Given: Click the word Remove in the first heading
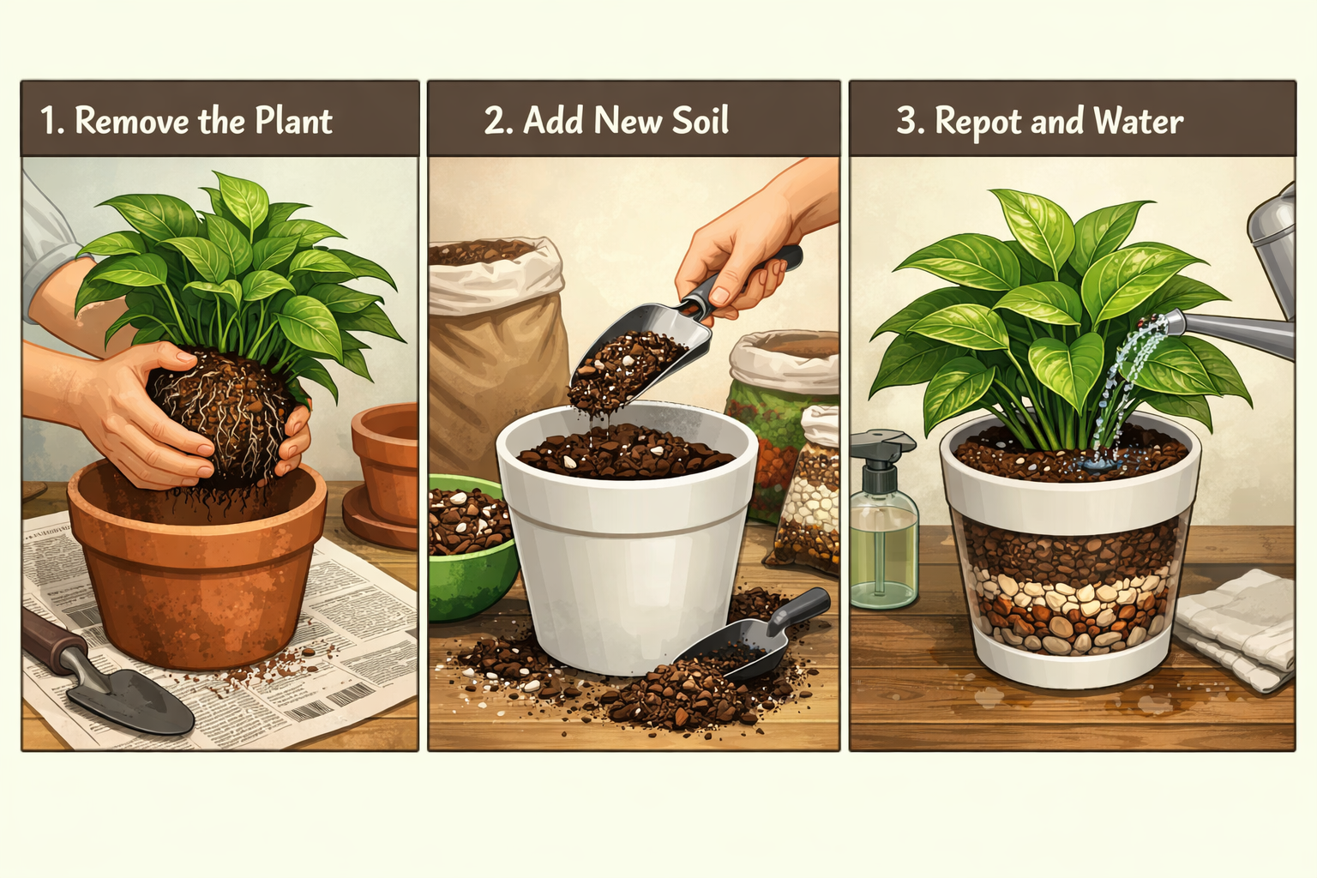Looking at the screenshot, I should coord(132,121).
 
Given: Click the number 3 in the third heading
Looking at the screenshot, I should coord(905,121).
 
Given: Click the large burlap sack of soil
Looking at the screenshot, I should coord(497,343).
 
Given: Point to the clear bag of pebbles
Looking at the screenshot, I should coord(810,497).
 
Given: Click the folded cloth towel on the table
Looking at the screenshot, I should coord(1235,626).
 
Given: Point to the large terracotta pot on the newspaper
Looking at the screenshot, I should coord(197,566).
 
